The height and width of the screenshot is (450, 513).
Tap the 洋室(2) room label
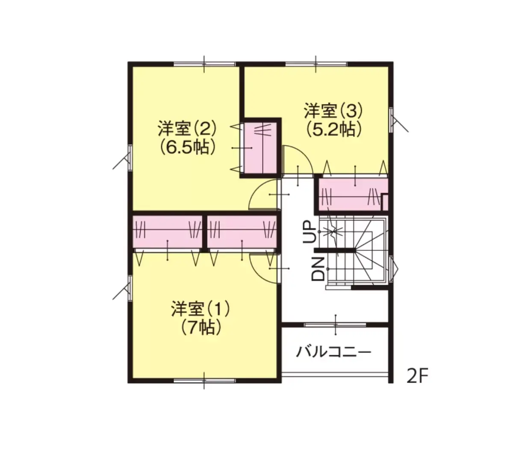click(x=187, y=129)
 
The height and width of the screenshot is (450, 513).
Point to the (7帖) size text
click(x=201, y=328)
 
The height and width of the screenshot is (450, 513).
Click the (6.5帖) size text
click(x=187, y=147)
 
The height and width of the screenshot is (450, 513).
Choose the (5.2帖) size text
click(x=333, y=129)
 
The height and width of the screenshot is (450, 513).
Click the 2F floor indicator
click(x=417, y=376)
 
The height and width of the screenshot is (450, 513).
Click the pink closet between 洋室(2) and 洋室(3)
click(x=260, y=147)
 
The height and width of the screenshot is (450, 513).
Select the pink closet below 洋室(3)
click(x=353, y=194)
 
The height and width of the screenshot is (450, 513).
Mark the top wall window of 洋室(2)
click(x=204, y=64)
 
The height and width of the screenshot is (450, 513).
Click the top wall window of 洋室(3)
click(x=316, y=64)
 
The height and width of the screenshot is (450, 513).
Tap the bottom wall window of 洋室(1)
click(x=204, y=380)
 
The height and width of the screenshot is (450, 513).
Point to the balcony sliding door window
click(x=335, y=325)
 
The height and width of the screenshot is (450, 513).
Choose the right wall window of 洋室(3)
click(x=391, y=120)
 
